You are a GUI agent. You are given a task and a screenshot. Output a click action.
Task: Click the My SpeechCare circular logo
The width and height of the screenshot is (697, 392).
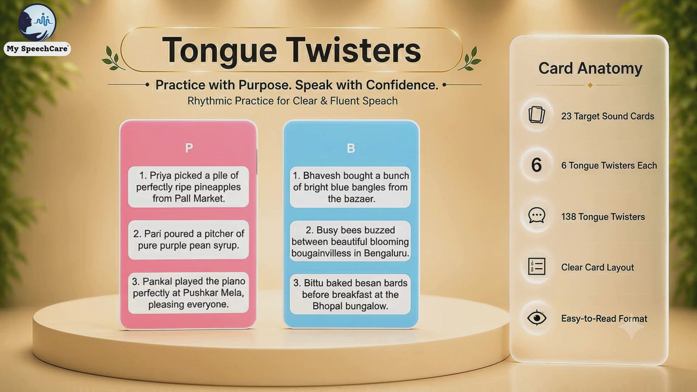coord(37,22)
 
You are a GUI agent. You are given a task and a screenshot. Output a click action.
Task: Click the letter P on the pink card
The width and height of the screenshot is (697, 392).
coord(189,147)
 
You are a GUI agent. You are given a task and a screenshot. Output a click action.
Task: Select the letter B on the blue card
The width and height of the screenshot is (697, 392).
coord(351,148)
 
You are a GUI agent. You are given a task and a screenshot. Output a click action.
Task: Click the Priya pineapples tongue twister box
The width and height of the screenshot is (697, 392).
coord(188,187)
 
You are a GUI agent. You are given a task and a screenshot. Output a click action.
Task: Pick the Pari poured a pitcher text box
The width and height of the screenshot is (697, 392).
coord(188,239)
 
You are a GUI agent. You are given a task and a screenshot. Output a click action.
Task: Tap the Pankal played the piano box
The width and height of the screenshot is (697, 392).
coord(188,293)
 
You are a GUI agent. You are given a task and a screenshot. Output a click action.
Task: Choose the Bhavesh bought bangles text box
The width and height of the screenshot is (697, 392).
coord(350,187)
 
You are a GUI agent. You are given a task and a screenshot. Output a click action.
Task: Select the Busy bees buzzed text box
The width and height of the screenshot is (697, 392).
coord(350,241)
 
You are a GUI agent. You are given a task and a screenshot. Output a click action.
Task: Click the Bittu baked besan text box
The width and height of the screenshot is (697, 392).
coord(350,294)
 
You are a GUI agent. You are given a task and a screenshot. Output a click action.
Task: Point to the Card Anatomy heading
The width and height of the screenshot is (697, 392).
coord(590,68)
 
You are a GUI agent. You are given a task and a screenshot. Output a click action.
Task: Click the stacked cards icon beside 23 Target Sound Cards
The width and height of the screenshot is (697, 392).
coord(537,115)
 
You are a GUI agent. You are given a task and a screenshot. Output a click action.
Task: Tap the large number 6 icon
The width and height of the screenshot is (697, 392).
coord(536,165)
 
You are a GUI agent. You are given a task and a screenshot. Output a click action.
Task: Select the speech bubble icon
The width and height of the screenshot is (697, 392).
coord(537,216)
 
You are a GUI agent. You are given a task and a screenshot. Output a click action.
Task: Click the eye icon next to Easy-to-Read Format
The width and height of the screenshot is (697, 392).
coord(537,318)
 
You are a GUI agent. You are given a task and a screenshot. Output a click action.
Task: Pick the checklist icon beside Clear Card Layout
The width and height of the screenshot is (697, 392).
coord(537,266)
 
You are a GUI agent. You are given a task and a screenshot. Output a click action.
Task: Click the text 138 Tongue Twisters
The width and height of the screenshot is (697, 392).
coord(603,217)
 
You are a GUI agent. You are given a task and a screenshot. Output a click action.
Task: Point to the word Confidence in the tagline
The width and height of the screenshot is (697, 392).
coord(402,85)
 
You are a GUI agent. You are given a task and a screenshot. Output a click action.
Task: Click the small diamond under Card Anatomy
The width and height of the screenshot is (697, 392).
coord(590,85)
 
